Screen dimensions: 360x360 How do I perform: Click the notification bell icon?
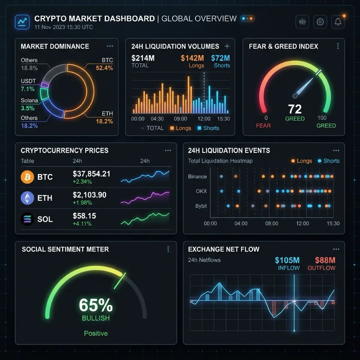tap(338, 22)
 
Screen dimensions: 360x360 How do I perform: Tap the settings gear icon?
tap(320, 22)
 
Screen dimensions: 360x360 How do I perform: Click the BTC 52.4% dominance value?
tap(104, 68)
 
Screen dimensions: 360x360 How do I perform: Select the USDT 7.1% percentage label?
tap(28, 89)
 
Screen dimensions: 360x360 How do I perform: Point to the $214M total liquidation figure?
tap(143, 58)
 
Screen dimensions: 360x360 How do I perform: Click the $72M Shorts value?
tap(220, 58)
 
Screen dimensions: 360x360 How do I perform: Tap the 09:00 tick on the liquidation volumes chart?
tap(180, 119)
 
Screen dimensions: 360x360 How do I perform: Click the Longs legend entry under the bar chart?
tap(181, 128)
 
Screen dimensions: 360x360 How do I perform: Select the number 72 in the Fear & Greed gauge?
tap(295, 109)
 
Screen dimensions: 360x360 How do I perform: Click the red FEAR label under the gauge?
tap(263, 125)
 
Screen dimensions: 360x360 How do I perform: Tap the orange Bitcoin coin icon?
tap(27, 177)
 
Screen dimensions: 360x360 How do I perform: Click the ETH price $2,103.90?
tap(89, 195)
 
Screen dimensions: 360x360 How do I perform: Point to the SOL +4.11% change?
tap(82, 223)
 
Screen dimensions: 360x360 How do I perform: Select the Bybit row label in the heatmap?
tap(201, 206)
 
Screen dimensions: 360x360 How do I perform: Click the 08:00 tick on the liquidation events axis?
tap(271, 223)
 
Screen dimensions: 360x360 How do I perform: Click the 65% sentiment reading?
tap(96, 305)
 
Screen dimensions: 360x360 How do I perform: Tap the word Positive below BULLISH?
tap(96, 333)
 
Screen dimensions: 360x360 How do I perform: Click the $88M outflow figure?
tap(325, 260)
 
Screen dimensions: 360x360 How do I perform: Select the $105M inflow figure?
tap(287, 260)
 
